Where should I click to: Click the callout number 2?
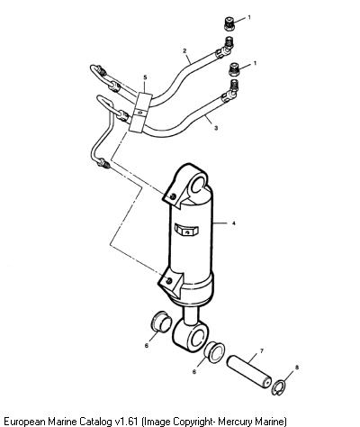tap(184, 50)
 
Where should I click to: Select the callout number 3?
tap(216, 128)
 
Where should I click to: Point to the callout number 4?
tap(234, 223)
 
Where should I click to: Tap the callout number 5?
tap(145, 77)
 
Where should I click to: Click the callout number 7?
tap(261, 350)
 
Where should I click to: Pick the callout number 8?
tap(297, 367)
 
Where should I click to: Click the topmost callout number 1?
tap(249, 17)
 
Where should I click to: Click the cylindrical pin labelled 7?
tap(249, 371)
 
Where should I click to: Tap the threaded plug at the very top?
tap(229, 24)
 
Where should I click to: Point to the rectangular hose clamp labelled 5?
tap(139, 113)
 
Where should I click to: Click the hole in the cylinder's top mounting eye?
tap(198, 185)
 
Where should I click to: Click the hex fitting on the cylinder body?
tap(186, 231)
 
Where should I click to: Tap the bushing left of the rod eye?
tap(160, 322)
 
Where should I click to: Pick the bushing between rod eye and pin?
tap(214, 352)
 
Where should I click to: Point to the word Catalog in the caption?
tap(96, 421)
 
